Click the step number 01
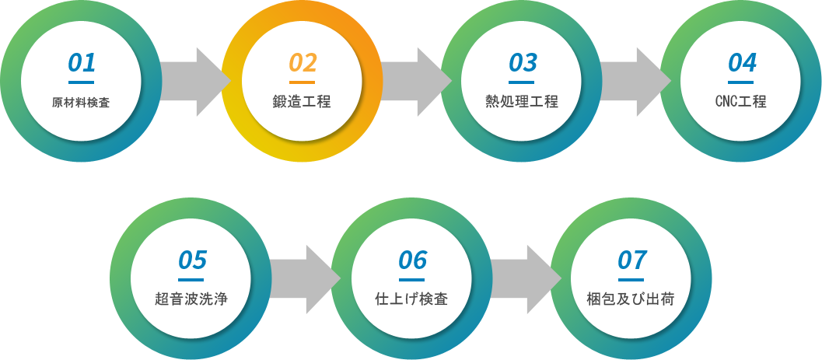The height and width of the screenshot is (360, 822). tap(81, 62)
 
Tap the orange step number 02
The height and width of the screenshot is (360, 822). tap(303, 62)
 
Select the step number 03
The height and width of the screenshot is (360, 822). tap(523, 62)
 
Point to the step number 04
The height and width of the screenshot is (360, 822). tap(742, 62)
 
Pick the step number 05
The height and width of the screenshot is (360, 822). tap(191, 260)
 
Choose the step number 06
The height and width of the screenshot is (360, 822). tap(412, 260)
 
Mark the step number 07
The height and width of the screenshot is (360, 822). tap(631, 260)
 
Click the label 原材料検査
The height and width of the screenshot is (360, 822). tap(81, 103)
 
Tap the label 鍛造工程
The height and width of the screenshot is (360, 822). tap(302, 102)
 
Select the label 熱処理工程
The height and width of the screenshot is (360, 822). tap(522, 102)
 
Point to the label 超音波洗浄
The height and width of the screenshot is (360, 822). tap(191, 299)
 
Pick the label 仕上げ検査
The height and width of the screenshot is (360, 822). tap(411, 299)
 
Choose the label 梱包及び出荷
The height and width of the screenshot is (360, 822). tap(631, 299)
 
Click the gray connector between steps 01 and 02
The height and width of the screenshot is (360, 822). tap(193, 82)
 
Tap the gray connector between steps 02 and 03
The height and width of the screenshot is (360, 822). tap(411, 82)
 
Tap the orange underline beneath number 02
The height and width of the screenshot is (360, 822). tap(302, 82)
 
